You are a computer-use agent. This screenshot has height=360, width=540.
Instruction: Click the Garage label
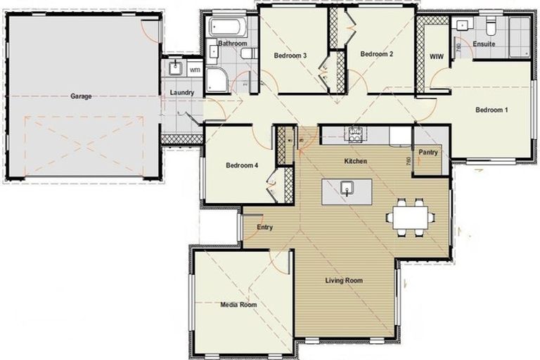pos(81,96)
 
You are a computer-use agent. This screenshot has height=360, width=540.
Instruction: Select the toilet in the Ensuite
pos(491,26)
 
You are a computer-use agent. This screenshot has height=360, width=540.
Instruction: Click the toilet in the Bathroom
pos(247,54)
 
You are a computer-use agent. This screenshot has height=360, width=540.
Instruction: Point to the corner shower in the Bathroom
pos(216,79)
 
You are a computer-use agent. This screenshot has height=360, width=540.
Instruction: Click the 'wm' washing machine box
pos(194,70)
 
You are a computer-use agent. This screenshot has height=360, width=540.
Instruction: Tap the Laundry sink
pos(174,69)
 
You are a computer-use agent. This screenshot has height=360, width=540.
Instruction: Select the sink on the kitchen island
pos(346,187)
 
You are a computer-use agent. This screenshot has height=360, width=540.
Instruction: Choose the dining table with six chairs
pos(410,215)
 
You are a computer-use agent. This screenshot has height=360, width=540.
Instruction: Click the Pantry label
pos(428,152)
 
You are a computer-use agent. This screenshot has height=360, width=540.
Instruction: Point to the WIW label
pos(436,55)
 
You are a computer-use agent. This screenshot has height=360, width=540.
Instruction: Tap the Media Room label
pos(238,304)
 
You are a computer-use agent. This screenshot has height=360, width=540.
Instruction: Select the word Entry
pos(264,227)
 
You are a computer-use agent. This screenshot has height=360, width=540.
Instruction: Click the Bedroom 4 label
pos(242,166)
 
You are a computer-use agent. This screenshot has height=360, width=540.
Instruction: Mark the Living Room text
pos(344,281)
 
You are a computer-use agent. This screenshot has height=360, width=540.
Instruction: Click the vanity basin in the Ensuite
pos(462,26)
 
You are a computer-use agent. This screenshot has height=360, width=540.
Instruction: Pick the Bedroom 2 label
pos(375,54)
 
